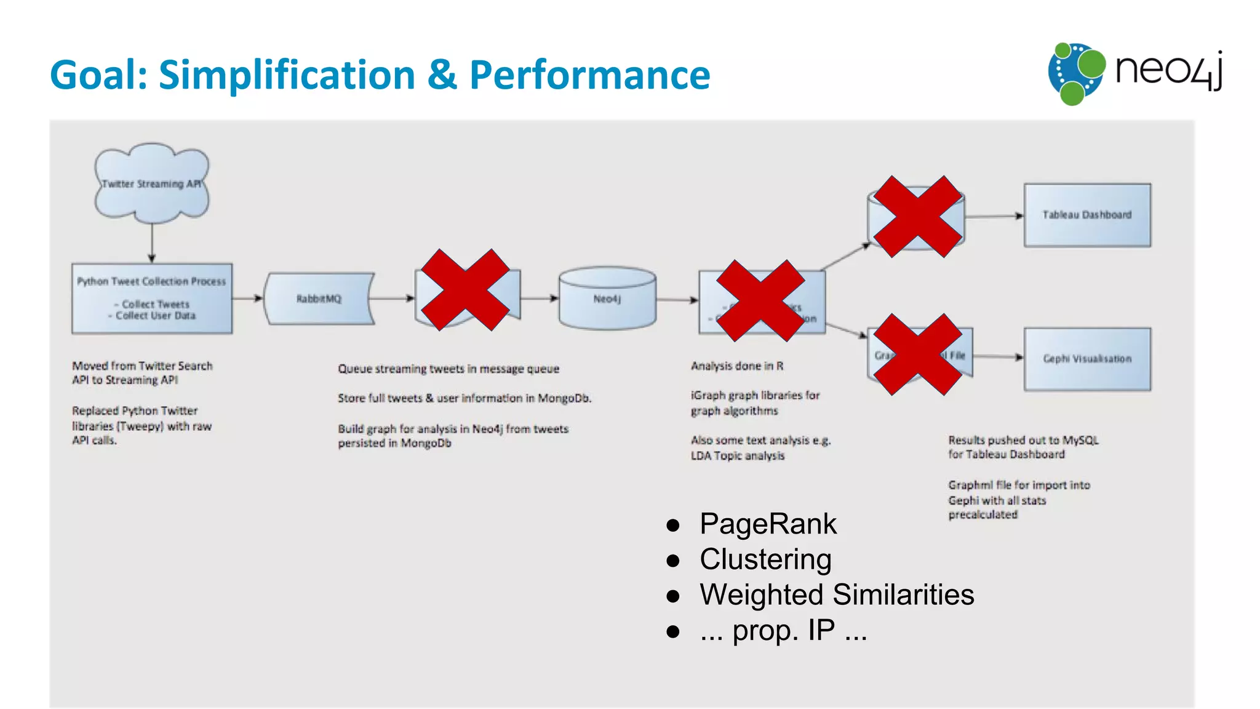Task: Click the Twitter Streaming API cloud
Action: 151,183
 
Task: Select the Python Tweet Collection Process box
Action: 152,298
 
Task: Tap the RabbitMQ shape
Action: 319,298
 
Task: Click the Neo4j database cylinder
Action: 607,298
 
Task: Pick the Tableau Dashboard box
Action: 1087,215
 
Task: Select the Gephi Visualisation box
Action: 1087,359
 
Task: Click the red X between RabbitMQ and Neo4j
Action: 465,290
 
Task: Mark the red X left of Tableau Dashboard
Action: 917,217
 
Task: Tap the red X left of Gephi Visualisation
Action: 917,354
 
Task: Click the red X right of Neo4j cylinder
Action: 761,300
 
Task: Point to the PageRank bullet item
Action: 767,524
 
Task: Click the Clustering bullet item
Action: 765,559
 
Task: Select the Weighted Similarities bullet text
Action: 836,595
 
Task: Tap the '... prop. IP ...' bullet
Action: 783,631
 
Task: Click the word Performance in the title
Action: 589,75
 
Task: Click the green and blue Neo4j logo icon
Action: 1076,73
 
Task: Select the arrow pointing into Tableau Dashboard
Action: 994,216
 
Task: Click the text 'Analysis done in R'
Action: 737,366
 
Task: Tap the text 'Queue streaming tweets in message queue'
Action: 448,369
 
